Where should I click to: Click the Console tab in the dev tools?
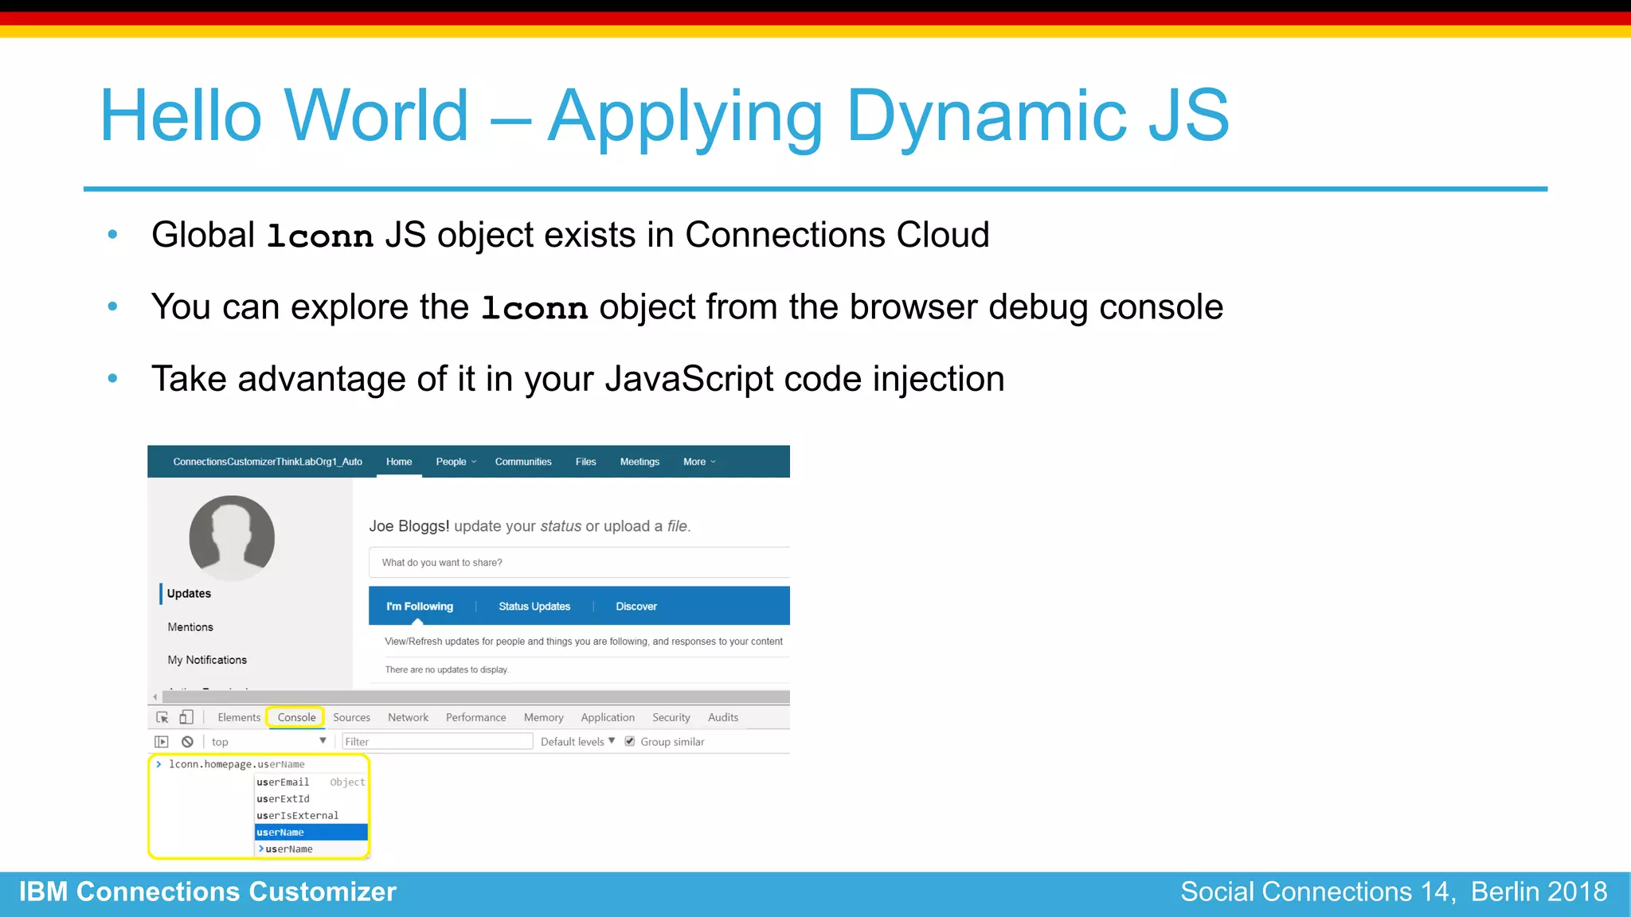(296, 717)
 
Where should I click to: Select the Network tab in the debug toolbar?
(408, 717)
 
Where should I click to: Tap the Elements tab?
(239, 717)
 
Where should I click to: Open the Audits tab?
(722, 717)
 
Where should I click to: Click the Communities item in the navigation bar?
(522, 462)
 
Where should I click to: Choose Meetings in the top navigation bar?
(639, 462)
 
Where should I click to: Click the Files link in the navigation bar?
(585, 462)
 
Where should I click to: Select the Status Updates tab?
(534, 607)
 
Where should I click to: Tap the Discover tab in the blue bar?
(636, 607)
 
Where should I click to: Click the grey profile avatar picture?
(232, 538)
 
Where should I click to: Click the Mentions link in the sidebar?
(190, 627)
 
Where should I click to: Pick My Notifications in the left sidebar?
(207, 660)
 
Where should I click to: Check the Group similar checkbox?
(630, 741)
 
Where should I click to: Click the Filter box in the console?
(436, 742)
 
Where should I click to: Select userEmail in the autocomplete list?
(283, 782)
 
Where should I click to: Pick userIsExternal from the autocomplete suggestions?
(297, 816)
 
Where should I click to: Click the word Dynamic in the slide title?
(986, 116)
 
